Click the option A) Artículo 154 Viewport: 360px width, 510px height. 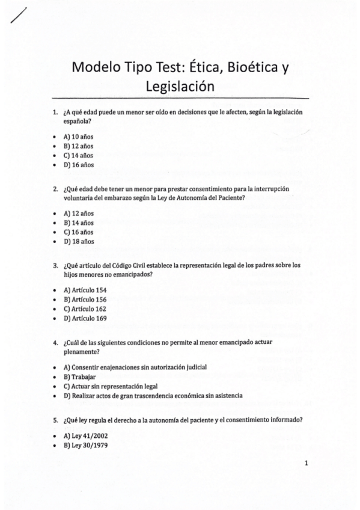(85, 290)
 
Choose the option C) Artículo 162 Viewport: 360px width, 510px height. (85, 309)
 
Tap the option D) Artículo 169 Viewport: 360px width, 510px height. (85, 319)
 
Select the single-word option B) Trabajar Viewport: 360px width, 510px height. (75, 376)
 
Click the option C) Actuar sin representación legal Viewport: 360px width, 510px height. (115, 386)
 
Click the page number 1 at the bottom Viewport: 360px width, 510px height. (307, 463)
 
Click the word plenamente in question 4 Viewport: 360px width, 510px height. (81, 352)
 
